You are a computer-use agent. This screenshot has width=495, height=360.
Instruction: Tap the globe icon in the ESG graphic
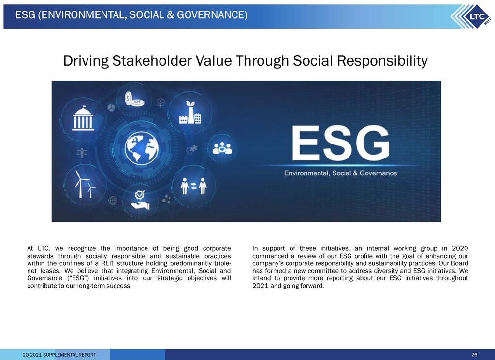point(142,148)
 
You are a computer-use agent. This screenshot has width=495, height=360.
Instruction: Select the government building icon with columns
point(83,118)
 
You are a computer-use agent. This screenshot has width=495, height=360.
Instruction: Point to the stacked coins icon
point(134,99)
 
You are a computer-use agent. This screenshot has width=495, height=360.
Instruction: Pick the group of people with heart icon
point(222,148)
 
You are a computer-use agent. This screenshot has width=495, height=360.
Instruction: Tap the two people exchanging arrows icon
point(193,186)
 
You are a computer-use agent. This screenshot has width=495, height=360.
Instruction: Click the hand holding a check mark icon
point(140,201)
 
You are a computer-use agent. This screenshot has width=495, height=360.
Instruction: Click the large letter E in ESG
point(306,143)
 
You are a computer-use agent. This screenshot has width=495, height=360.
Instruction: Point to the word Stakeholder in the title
point(152,60)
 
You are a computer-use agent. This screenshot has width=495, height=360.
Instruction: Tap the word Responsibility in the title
point(382,61)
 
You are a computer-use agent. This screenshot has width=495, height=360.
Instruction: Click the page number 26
point(474,355)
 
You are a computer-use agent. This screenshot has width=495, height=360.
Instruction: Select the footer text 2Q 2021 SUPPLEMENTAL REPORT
point(59,355)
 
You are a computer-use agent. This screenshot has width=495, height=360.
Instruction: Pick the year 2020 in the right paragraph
point(460,248)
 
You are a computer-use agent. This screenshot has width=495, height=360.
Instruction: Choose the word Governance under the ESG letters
point(378,173)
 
